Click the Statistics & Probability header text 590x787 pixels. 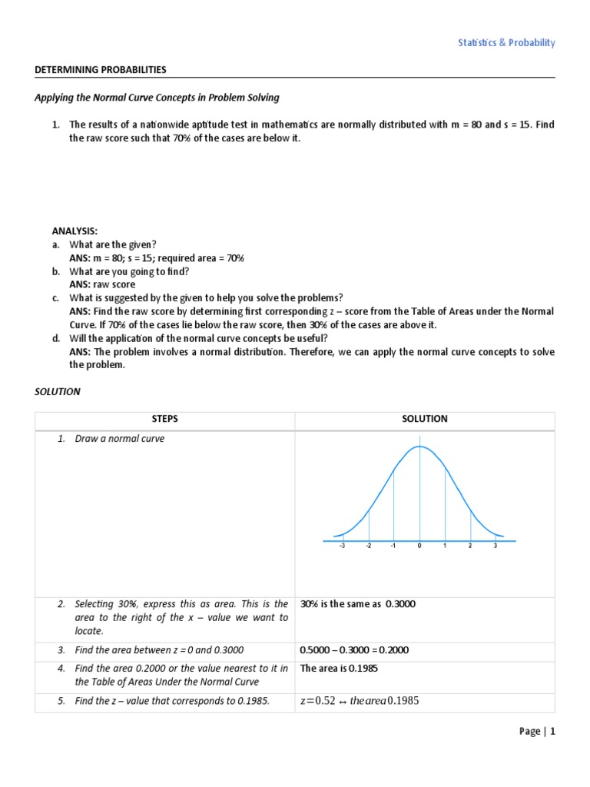click(x=506, y=43)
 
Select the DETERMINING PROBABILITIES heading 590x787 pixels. click(x=101, y=70)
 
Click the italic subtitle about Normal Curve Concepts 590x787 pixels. click(x=157, y=98)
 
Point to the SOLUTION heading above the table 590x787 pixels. click(x=58, y=391)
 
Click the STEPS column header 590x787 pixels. click(x=164, y=419)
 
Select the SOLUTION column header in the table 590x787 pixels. click(x=424, y=419)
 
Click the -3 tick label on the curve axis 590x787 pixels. click(x=342, y=546)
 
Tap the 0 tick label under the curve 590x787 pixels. click(x=419, y=546)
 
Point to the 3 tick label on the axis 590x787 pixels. click(x=496, y=546)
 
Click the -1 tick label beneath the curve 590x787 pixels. click(x=393, y=546)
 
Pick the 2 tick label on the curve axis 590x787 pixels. click(x=470, y=546)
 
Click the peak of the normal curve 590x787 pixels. click(x=419, y=447)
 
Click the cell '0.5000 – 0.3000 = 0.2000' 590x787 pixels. click(x=354, y=650)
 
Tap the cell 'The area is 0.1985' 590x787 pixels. click(x=339, y=669)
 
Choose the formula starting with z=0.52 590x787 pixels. click(x=359, y=701)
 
